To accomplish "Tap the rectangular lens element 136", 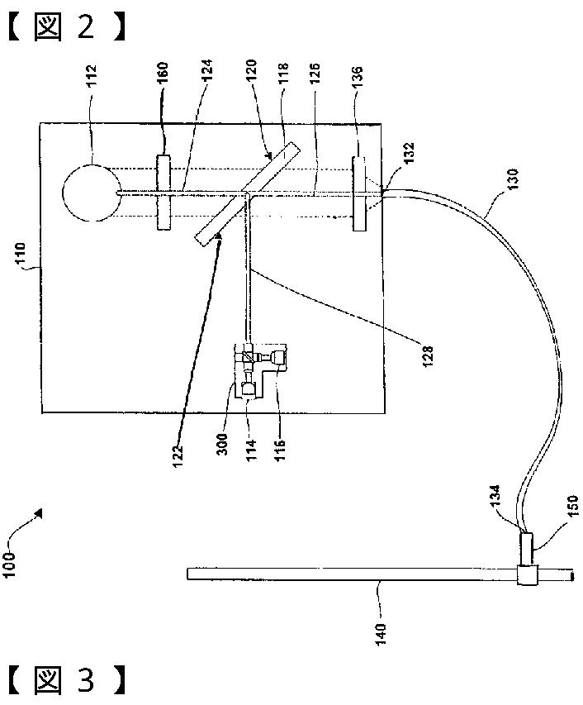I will pyautogui.click(x=360, y=193).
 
